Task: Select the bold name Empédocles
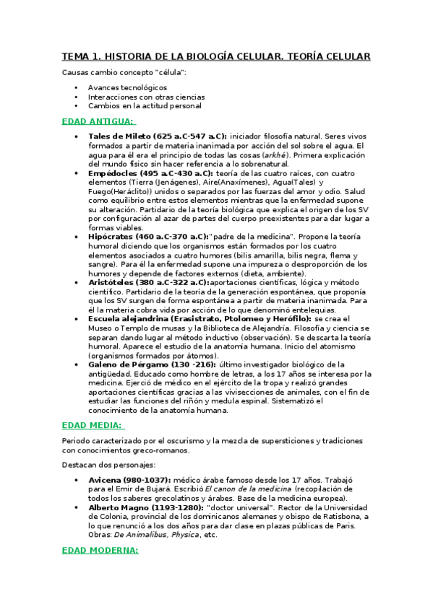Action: [114, 173]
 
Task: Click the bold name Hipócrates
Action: [113, 236]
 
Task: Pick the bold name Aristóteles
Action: [114, 283]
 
